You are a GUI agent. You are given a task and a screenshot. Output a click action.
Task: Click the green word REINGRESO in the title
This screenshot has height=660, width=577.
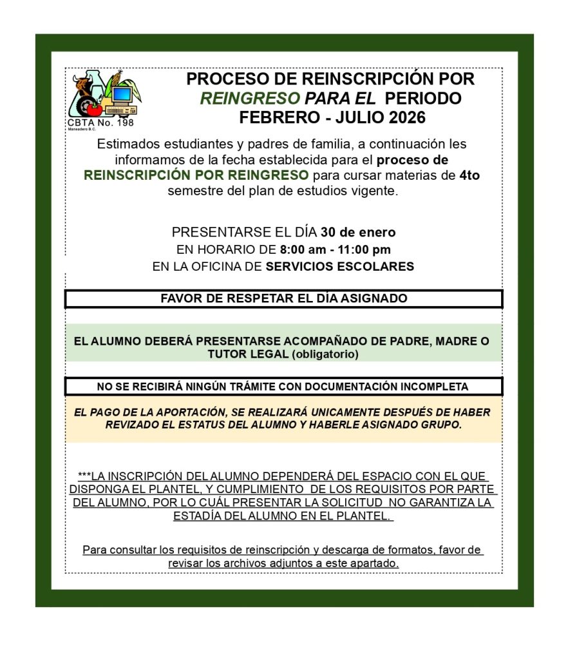[250, 99]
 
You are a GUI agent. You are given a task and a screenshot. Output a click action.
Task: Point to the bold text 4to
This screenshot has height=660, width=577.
[469, 175]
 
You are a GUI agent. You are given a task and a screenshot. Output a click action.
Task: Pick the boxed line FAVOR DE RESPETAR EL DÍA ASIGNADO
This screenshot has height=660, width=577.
[284, 299]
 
